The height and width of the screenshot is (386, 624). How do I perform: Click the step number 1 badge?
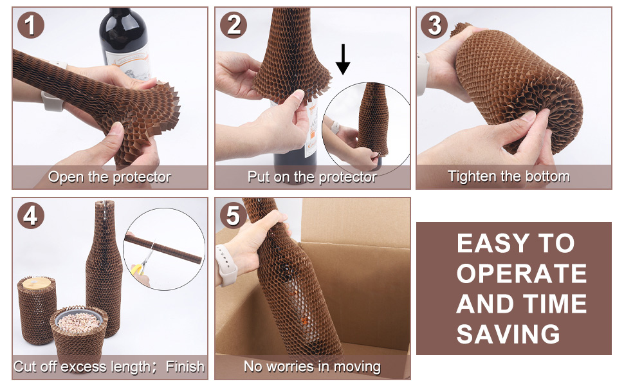click(31, 26)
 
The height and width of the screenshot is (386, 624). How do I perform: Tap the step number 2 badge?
click(233, 25)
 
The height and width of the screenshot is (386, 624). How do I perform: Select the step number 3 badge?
click(435, 25)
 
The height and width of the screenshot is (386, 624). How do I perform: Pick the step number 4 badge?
click(31, 216)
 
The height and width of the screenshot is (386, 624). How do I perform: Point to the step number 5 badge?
click(233, 216)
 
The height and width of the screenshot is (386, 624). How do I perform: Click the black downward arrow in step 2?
click(344, 59)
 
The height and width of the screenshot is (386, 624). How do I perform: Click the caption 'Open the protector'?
click(109, 177)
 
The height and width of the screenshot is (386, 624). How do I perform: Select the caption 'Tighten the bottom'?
click(508, 176)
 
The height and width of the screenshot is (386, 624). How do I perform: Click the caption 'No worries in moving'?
click(312, 367)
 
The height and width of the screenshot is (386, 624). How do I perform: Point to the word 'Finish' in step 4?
click(185, 367)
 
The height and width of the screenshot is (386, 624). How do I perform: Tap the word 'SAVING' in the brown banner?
click(508, 334)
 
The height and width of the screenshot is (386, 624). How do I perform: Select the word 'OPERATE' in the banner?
click(521, 273)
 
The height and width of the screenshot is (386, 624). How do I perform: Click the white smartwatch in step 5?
click(226, 264)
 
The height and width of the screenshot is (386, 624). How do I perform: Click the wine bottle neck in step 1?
click(118, 26)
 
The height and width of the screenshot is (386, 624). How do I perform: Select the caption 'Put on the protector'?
click(312, 177)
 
